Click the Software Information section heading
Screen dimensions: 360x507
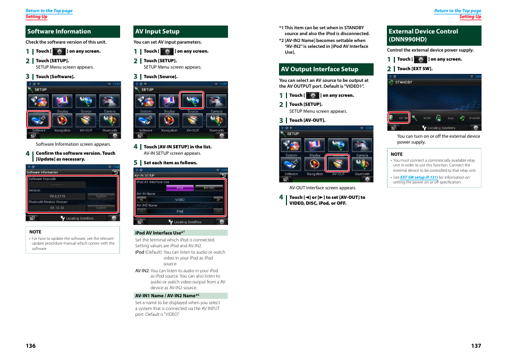click(x=59, y=31)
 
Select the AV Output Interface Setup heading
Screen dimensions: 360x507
click(x=319, y=69)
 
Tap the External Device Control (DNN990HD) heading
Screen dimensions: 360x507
click(x=423, y=35)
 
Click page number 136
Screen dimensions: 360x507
click(x=31, y=346)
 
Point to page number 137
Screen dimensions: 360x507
click(x=476, y=346)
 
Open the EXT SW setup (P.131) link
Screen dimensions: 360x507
click(x=419, y=178)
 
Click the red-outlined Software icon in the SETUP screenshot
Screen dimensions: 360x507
click(x=39, y=120)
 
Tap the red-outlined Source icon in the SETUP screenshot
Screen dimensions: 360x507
click(x=192, y=101)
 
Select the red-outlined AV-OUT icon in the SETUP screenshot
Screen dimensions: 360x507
click(x=338, y=163)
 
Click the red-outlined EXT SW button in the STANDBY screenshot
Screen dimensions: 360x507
click(x=399, y=118)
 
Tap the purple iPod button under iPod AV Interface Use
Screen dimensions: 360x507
click(x=180, y=188)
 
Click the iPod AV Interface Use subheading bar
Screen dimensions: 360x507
click(x=181, y=233)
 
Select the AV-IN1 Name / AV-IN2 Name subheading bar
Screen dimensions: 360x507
click(x=181, y=296)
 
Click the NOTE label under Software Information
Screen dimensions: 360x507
click(x=35, y=232)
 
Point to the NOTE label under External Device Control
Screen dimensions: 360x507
click(x=396, y=154)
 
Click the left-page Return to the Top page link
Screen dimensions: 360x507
click(x=49, y=11)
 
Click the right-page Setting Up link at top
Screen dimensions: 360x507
click(x=470, y=16)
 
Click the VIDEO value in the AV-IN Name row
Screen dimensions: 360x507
click(x=180, y=200)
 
